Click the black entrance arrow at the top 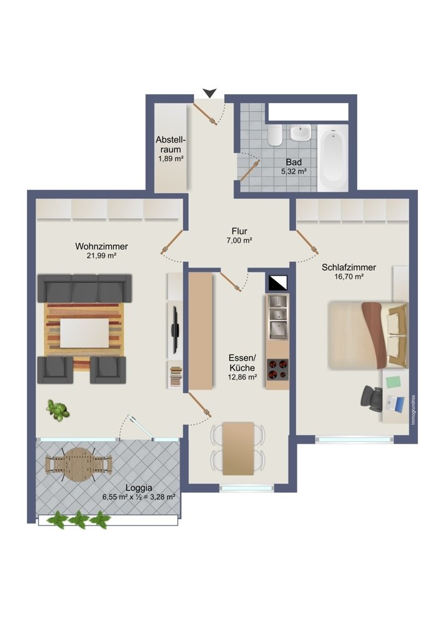[x=210, y=92]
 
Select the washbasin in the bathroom [x=301, y=132]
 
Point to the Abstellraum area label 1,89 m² [x=169, y=159]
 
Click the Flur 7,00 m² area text [x=239, y=241]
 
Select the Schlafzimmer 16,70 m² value [x=349, y=277]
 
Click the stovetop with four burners [x=278, y=371]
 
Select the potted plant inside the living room [x=57, y=410]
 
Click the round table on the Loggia [x=79, y=464]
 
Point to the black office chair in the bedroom [x=372, y=397]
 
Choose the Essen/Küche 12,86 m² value [x=243, y=377]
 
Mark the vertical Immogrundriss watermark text [x=413, y=409]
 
